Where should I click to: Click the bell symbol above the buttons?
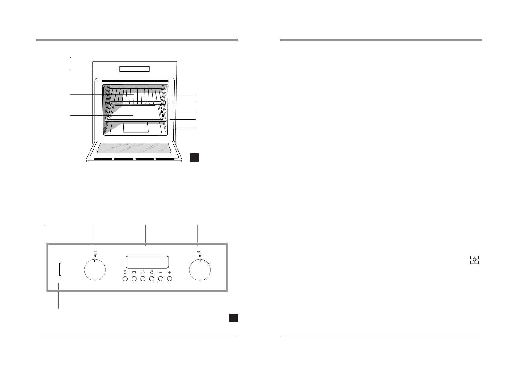pos(125,272)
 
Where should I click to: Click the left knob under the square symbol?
pos(95,270)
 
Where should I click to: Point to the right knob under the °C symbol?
pos(200,270)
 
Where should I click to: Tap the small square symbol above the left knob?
pos(95,253)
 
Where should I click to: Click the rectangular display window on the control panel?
pos(147,262)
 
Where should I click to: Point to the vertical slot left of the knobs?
pos(60,269)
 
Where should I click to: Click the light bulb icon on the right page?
pos(475,260)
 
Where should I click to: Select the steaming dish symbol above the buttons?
pos(143,272)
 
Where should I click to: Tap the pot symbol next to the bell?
pos(134,272)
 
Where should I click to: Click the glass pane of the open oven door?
pos(134,148)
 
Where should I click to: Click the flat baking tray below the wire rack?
pos(135,114)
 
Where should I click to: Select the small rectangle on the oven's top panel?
pos(134,69)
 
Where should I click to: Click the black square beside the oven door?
pos(194,157)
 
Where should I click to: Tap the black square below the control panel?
pos(233,318)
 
